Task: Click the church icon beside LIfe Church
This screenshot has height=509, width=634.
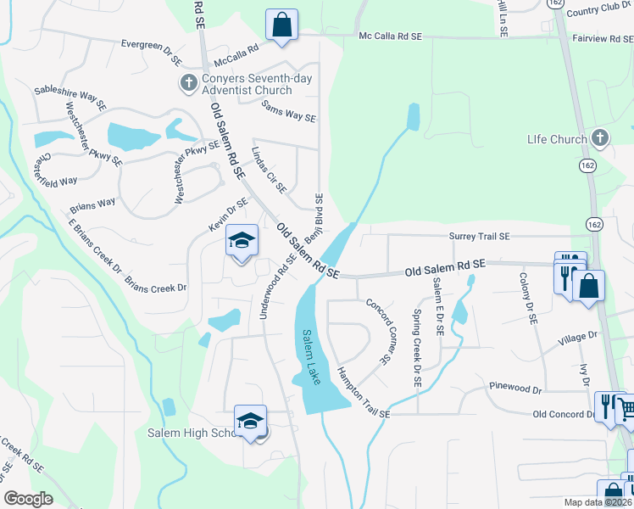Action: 600,137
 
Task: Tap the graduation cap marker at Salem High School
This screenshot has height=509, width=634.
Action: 251,421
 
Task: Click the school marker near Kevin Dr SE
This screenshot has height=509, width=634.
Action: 242,241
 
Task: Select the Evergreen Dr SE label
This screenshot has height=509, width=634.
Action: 152,51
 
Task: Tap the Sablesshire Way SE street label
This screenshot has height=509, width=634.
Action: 70,96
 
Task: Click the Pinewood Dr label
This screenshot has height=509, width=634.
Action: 515,388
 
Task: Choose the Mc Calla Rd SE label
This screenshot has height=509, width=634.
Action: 390,36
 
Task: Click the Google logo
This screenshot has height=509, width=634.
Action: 28,499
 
